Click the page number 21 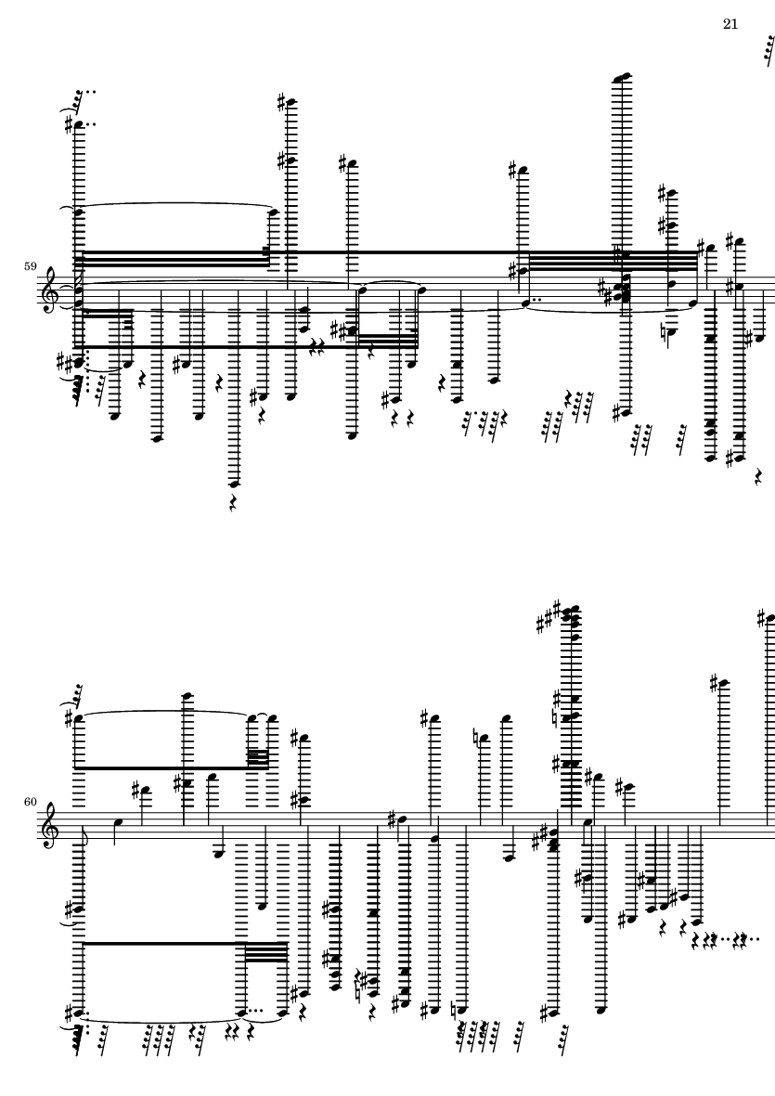(730, 24)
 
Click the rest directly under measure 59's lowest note (234, 505)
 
